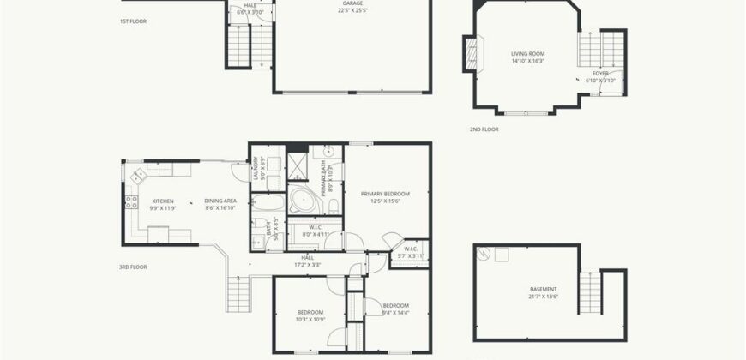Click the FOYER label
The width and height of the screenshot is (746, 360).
(601, 73)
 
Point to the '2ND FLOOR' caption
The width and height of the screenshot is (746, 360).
(484, 129)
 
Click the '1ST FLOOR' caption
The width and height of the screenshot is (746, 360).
(134, 19)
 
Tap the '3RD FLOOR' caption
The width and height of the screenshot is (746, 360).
(134, 267)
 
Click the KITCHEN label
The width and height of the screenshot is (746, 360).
(164, 201)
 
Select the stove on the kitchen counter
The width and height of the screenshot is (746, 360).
(132, 203)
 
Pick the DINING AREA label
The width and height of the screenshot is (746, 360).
(220, 201)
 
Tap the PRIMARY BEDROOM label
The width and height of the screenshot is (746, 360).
(385, 194)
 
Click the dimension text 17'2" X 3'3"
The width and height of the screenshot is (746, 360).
(307, 263)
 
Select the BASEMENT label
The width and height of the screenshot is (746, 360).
(544, 289)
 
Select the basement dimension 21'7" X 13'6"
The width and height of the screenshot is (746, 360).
(544, 297)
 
